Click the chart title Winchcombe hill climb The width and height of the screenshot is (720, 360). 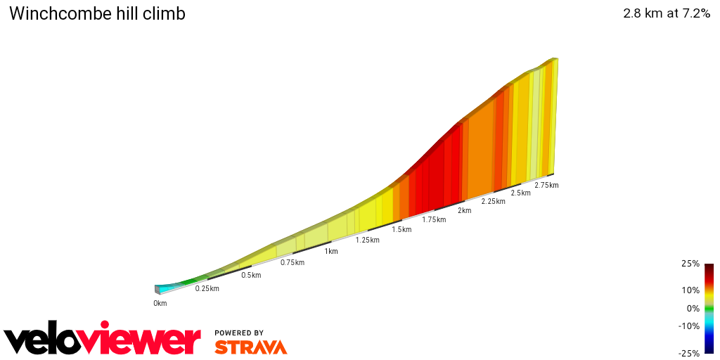click(x=97, y=13)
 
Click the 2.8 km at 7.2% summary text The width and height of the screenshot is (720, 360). click(x=666, y=13)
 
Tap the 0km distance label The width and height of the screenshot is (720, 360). click(x=160, y=303)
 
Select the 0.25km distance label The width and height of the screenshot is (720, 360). click(x=207, y=288)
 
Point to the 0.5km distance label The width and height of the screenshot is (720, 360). click(x=251, y=275)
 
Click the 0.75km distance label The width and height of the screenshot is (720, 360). click(x=292, y=262)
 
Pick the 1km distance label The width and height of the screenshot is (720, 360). click(x=331, y=251)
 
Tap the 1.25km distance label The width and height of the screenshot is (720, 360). click(x=368, y=240)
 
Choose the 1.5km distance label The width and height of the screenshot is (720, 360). click(x=401, y=229)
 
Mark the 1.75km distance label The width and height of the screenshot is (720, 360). click(x=434, y=219)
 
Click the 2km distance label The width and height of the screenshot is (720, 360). click(x=464, y=210)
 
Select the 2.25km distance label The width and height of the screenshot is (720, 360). click(x=493, y=201)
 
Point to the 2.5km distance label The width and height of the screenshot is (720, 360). click(x=520, y=193)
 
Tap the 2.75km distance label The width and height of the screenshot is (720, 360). click(x=546, y=185)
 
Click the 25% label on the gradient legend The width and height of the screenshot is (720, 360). click(x=690, y=264)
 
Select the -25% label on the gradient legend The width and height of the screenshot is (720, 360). click(x=689, y=353)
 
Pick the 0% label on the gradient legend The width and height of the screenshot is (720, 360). click(x=693, y=308)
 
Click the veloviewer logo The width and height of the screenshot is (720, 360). click(x=102, y=340)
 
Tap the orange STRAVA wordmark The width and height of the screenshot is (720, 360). click(x=250, y=347)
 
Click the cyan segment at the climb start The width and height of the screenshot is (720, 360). click(x=167, y=288)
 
